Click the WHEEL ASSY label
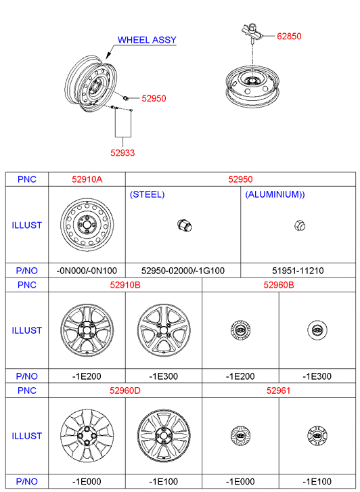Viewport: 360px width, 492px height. point(147,40)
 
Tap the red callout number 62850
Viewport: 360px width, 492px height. point(289,36)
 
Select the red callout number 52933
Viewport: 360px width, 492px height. point(122,153)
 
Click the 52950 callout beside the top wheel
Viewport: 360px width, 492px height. point(154,98)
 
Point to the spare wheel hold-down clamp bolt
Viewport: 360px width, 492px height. point(252,31)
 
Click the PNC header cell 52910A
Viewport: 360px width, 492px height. point(87,179)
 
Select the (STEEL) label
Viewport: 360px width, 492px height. point(148,194)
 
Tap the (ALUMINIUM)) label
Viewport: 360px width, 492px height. point(275,194)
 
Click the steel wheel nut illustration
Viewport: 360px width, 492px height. point(185,225)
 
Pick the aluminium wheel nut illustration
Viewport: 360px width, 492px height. point(300,225)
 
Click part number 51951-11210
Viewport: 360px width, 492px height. point(298,271)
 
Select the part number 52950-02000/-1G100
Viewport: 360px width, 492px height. point(183,271)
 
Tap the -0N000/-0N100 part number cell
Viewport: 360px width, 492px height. point(87,271)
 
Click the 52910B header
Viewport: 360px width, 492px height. point(125,285)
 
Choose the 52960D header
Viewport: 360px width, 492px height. point(125,390)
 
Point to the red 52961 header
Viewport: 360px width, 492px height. point(278,390)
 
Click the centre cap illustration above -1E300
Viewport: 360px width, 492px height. point(317,330)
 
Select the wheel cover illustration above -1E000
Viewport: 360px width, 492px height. point(87,436)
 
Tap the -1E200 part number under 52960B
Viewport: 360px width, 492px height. point(240,376)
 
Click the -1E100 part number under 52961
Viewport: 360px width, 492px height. point(317,482)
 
